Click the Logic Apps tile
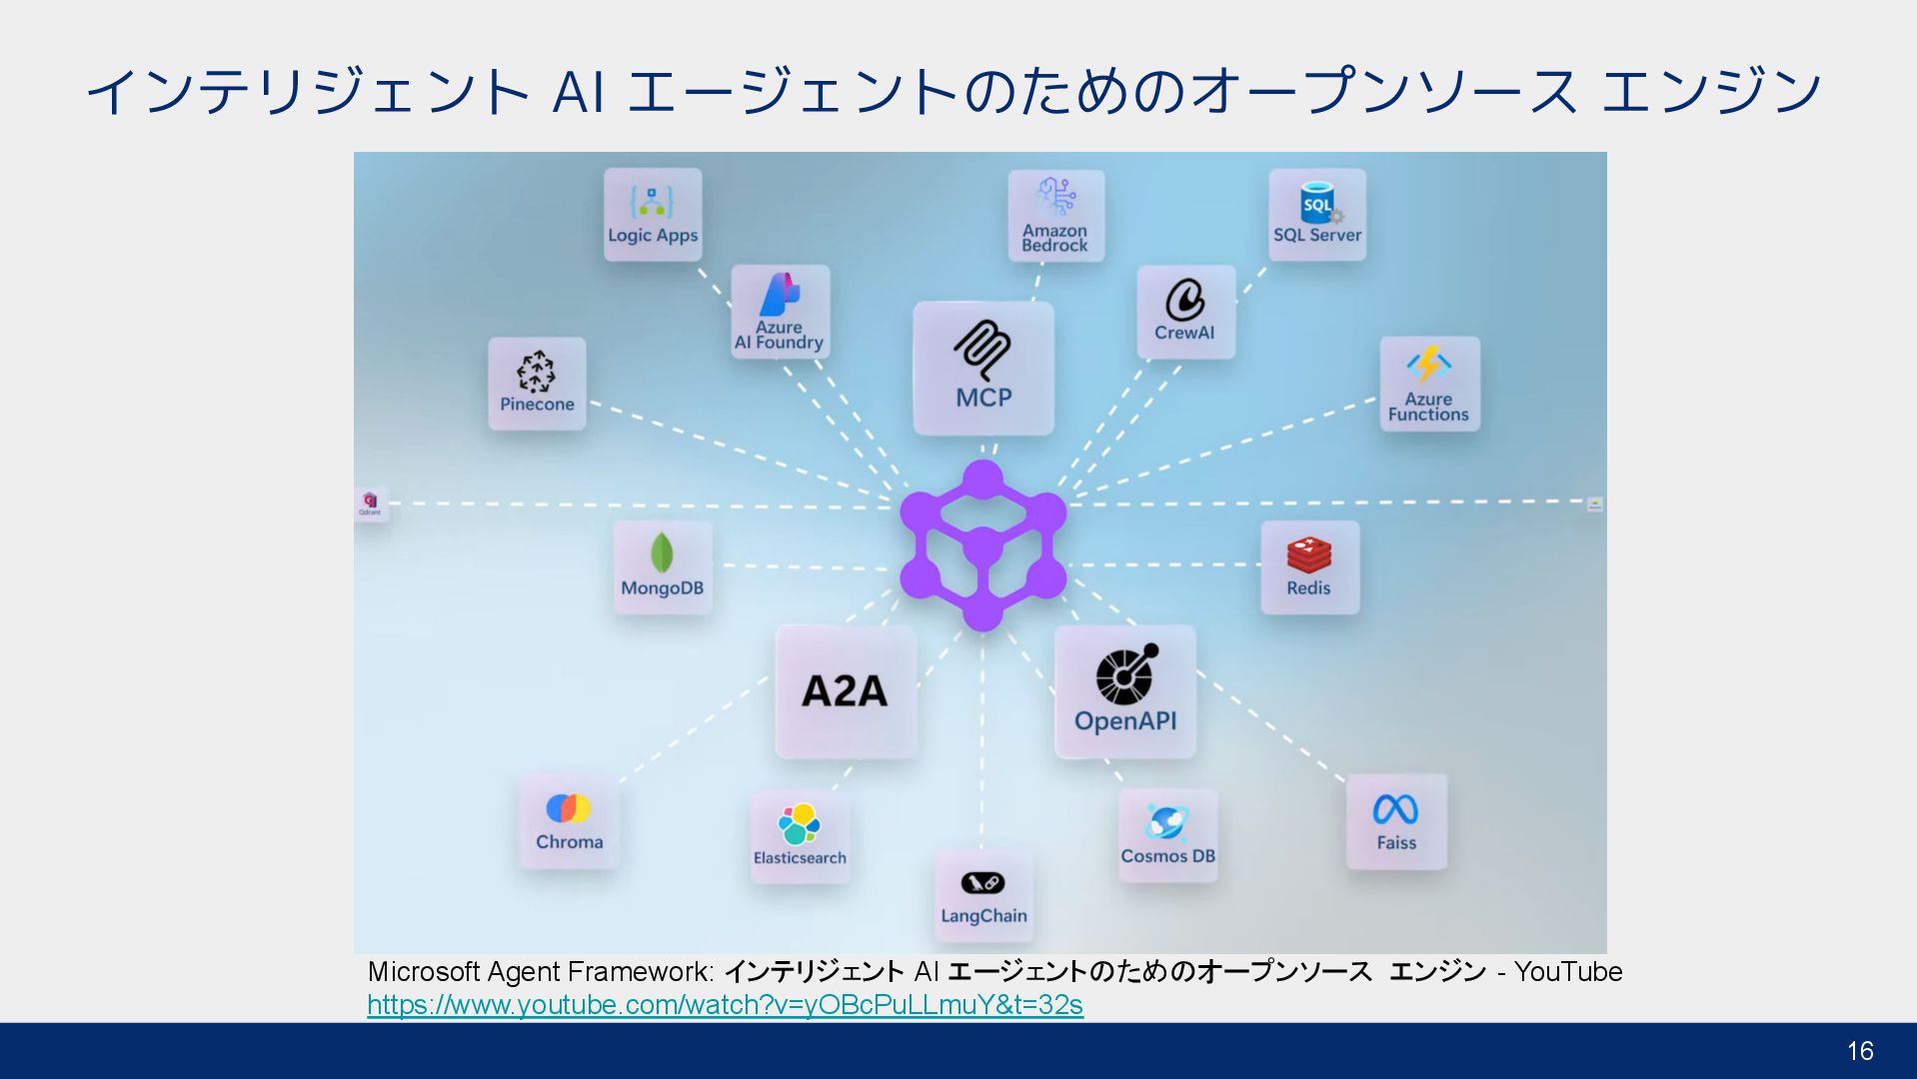coord(653,215)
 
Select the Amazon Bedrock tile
coord(1055,216)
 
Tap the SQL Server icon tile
coord(1317,215)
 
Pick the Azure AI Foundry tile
coord(780,312)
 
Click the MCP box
coord(983,369)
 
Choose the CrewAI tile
coord(1185,312)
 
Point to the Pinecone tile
coord(537,384)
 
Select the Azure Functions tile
coord(1429,384)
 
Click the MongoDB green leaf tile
coord(662,566)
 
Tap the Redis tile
coord(1309,566)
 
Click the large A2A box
coord(846,691)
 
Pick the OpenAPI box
coord(1125,691)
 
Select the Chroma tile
coord(569,821)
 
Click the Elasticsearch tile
coord(800,835)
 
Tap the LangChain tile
coord(983,895)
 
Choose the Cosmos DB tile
coord(1167,835)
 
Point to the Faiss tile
coord(1396,821)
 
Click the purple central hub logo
coord(982,545)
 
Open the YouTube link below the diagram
coord(725,1005)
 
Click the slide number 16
coord(1860,1051)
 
